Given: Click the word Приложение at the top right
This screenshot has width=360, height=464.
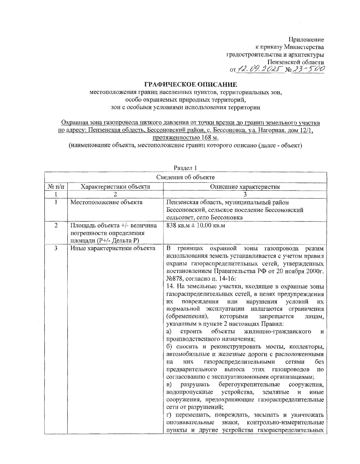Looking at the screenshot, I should coord(306,39).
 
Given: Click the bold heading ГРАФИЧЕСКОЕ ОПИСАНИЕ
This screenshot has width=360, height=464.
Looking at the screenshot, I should coord(191,85).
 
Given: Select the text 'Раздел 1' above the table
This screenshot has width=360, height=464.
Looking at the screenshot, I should coord(185,168).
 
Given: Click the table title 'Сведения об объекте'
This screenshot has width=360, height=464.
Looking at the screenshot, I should coord(185,177).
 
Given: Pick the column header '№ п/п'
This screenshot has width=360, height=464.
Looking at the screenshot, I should coord(56,187).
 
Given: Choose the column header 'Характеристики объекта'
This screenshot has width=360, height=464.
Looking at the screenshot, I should coord(115,187).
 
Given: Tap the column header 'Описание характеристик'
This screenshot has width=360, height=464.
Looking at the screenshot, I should coord(245,187).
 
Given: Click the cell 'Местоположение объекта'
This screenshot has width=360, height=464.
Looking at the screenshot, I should coord(106,202).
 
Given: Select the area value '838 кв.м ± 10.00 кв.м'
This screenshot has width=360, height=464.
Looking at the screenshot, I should coord(196,225).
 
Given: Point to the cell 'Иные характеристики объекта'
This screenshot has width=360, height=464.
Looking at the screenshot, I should coord(113,248).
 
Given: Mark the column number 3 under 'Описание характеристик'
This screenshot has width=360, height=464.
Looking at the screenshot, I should coord(245,194).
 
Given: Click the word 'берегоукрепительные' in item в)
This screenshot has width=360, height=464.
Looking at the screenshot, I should coord(249,385).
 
